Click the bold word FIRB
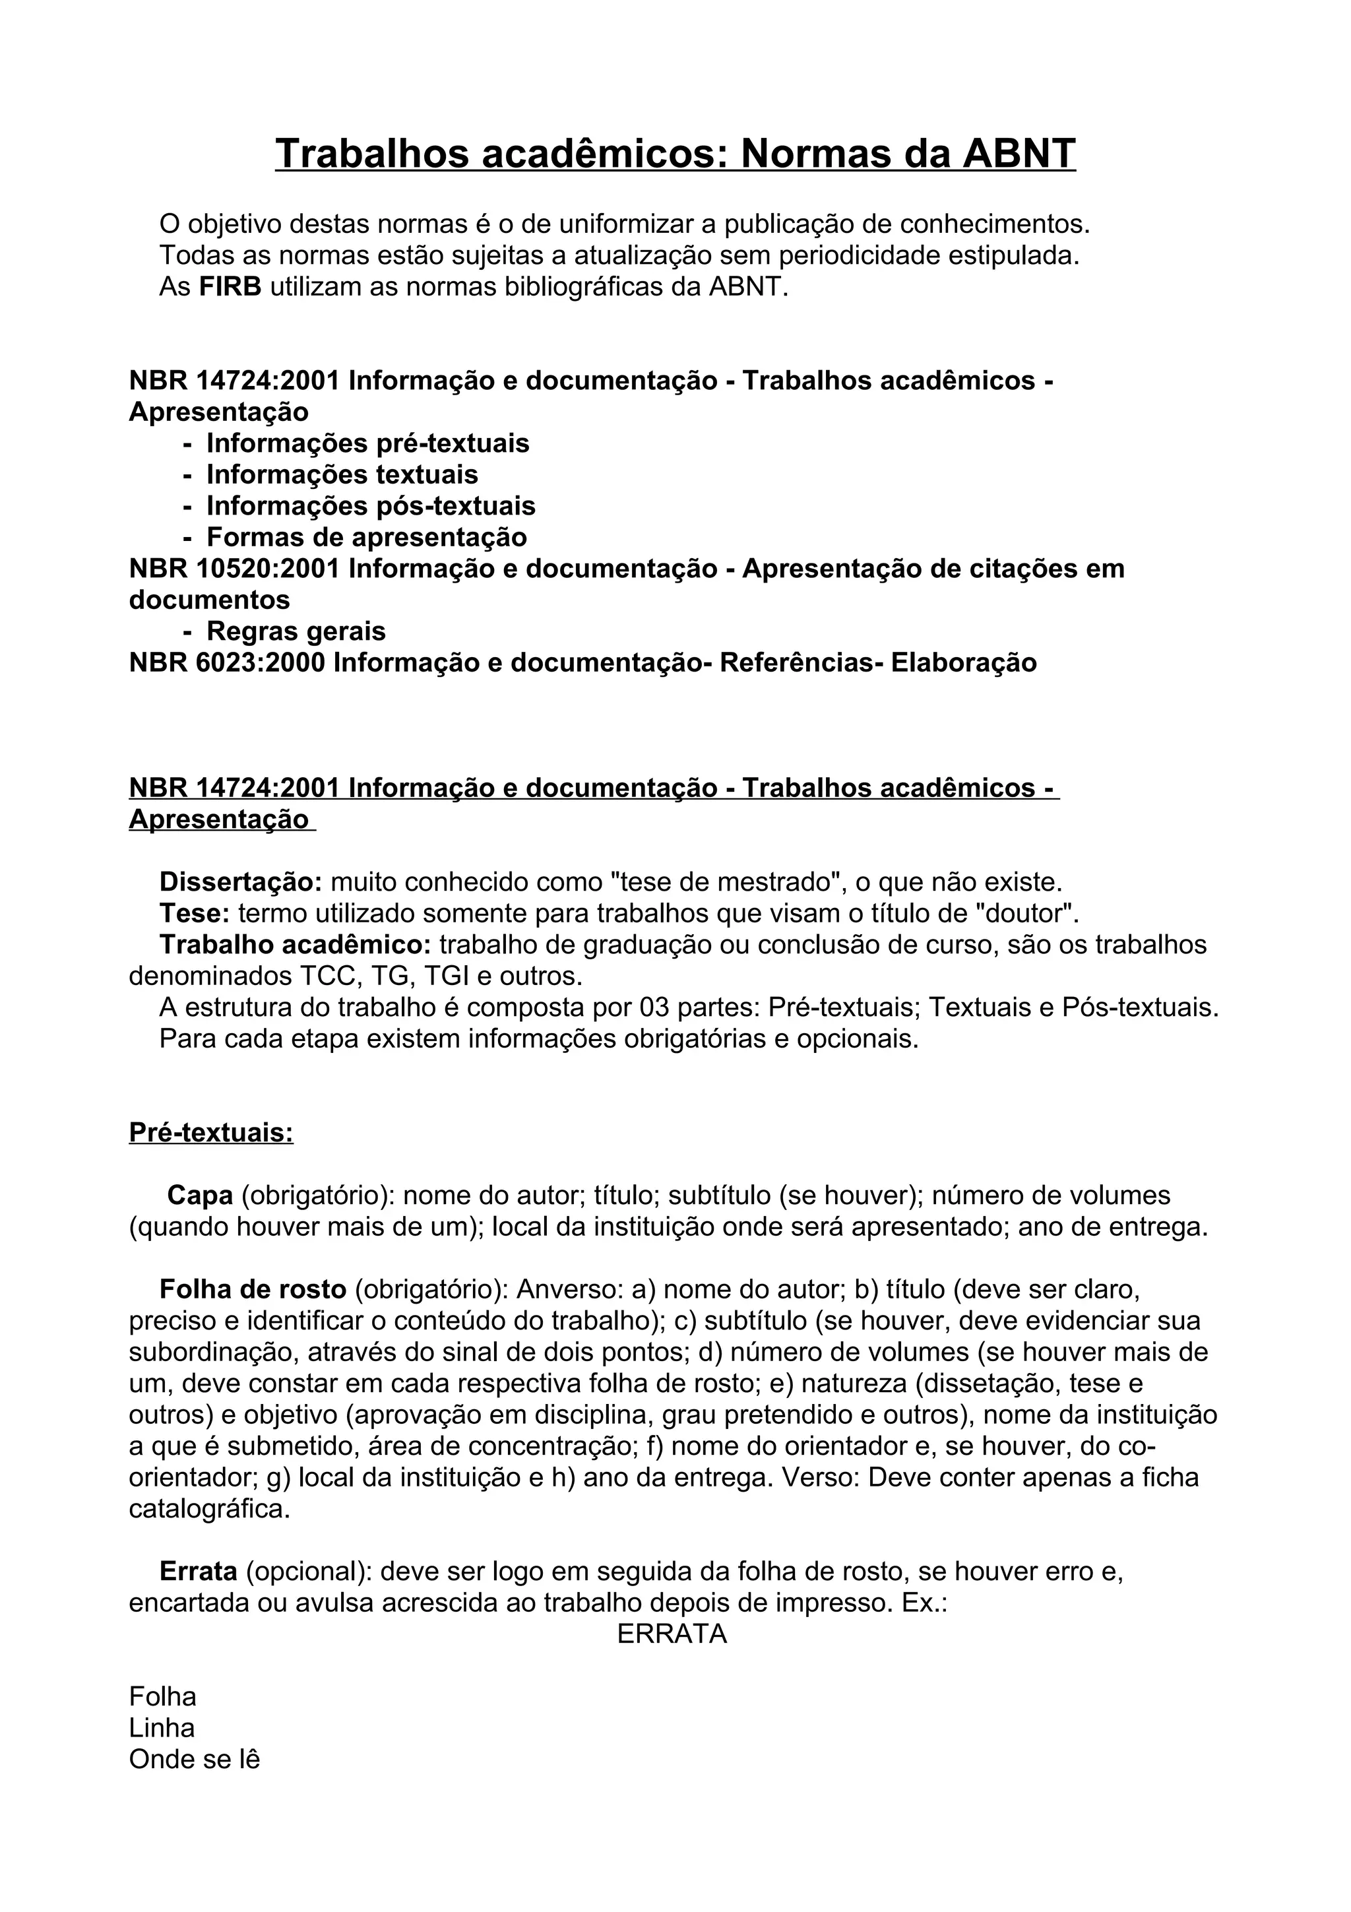pyautogui.click(x=230, y=287)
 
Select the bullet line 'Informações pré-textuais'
pyautogui.click(x=367, y=443)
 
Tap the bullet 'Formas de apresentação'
pyautogui.click(x=366, y=537)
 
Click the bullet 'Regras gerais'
pyautogui.click(x=296, y=631)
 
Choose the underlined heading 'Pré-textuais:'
pyautogui.click(x=210, y=1133)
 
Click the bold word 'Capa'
pyautogui.click(x=200, y=1196)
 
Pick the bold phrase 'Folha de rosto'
pyautogui.click(x=252, y=1290)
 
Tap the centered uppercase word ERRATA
pyautogui.click(x=672, y=1635)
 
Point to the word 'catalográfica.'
pyautogui.click(x=209, y=1510)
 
